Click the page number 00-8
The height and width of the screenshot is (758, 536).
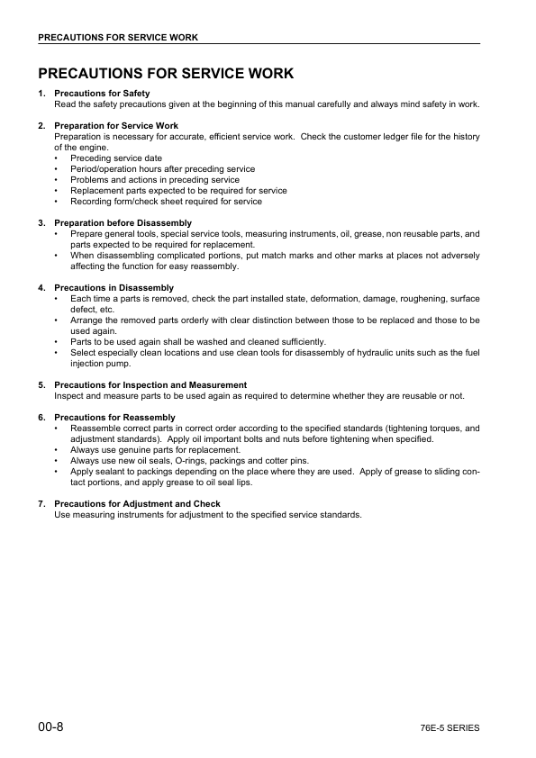(x=50, y=726)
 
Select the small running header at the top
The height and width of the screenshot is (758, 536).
(x=117, y=37)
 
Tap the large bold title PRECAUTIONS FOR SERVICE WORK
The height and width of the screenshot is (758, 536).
(x=166, y=73)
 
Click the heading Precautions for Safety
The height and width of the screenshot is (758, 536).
(x=102, y=94)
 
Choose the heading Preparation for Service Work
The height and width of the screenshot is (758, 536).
(x=116, y=125)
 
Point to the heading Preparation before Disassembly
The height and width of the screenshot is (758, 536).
(x=123, y=222)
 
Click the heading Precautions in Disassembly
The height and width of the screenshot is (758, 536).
(x=114, y=287)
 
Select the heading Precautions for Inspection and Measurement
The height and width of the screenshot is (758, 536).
(x=150, y=384)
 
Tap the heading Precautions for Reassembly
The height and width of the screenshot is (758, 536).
(x=114, y=418)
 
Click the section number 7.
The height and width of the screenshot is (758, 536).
(x=41, y=503)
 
